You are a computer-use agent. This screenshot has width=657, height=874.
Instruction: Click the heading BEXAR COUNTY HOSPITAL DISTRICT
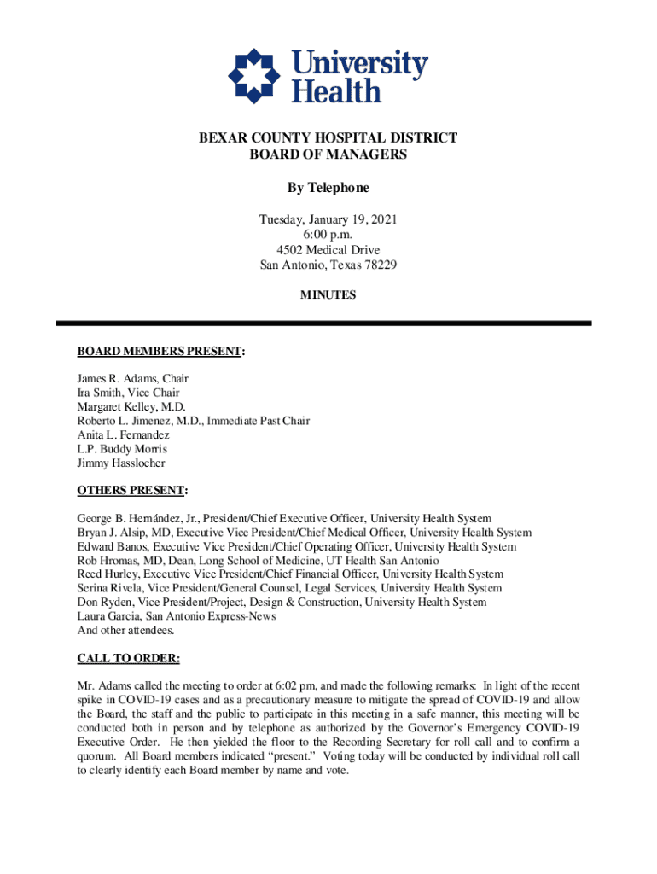328,138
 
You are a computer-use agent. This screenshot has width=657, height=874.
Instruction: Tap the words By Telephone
328,188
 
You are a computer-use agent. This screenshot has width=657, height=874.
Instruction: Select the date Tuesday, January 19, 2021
328,220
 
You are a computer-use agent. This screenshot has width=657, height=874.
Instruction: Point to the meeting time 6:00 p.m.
328,235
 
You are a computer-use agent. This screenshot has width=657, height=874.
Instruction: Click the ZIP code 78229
378,265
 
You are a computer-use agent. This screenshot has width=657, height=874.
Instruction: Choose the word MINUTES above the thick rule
328,295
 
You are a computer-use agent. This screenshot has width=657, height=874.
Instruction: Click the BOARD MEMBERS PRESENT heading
160,351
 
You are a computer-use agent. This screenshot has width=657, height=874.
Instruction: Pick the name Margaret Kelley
115,407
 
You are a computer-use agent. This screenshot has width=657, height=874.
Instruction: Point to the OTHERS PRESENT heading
131,491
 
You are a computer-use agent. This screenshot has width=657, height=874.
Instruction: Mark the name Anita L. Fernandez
124,435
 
